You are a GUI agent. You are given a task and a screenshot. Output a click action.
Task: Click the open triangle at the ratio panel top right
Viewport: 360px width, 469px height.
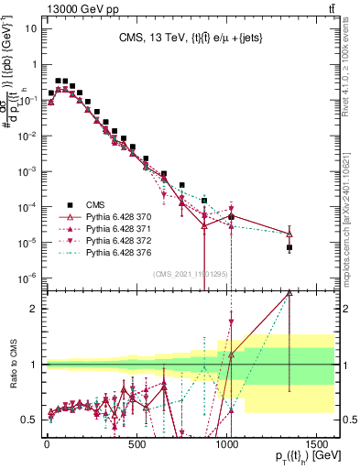click(289, 293)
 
